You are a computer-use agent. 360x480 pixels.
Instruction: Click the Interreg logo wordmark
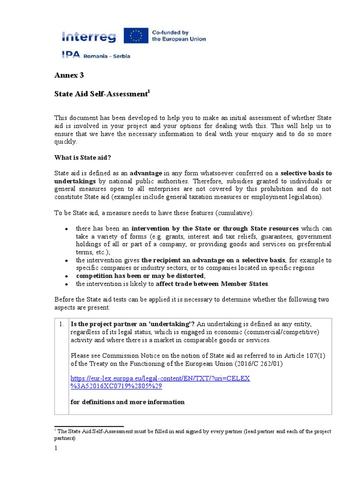pos(90,36)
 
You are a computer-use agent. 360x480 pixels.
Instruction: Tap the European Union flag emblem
pos(135,36)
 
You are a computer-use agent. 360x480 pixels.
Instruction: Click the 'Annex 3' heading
pos(69,75)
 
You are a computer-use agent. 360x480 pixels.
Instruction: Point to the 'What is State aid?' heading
pos(82,157)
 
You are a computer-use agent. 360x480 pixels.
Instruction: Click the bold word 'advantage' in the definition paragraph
pos(146,173)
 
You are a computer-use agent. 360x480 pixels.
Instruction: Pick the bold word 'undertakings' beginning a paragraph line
pos(75,181)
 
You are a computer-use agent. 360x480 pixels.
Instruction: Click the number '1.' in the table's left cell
pos(61,323)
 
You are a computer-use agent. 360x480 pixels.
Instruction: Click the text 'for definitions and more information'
pos(127,402)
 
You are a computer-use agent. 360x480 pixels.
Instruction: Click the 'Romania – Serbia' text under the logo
pos(107,56)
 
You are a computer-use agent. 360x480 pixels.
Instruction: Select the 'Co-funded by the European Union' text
pos(178,36)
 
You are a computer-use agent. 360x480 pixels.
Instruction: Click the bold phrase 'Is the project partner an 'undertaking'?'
pos(132,323)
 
